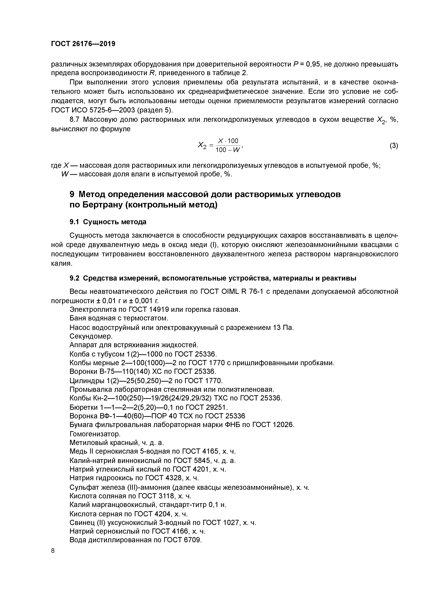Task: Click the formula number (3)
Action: coord(394,145)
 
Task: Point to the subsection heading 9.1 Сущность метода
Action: coord(108,222)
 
